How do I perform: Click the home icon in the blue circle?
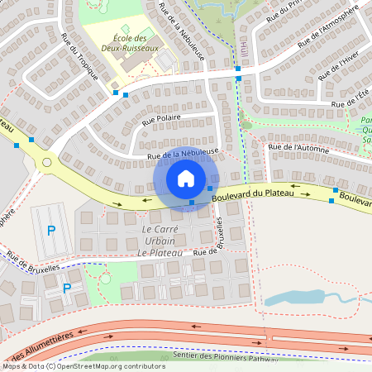[x=186, y=178]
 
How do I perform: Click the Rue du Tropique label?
[x=80, y=57]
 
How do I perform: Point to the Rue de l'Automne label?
[x=299, y=149]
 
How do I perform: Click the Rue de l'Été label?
[x=350, y=103]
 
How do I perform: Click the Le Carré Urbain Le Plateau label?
[x=160, y=240]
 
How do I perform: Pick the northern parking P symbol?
[x=51, y=231]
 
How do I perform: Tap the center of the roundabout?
[x=46, y=163]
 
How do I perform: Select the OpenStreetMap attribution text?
[x=83, y=366]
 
